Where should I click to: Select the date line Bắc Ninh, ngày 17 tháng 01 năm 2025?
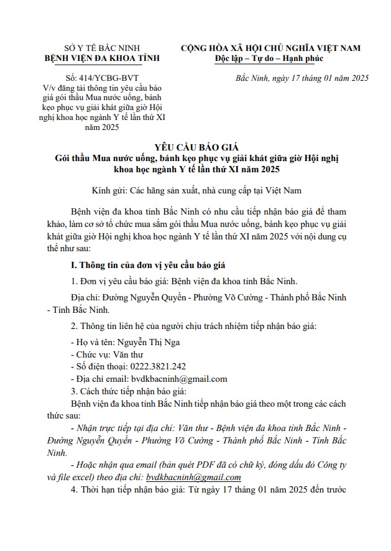click(303, 78)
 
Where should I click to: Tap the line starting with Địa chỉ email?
click(149, 378)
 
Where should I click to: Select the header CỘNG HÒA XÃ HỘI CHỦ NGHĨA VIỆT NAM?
click(270, 48)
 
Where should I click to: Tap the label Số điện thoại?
click(100, 366)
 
